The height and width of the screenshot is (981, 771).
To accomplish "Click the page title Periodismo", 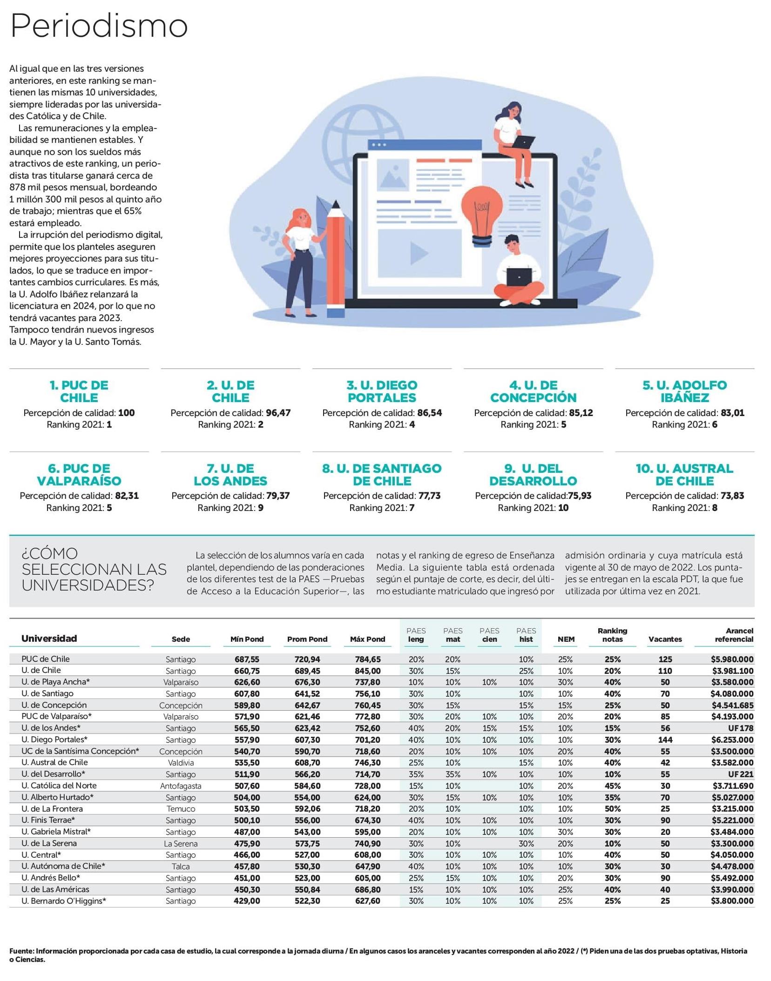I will [x=99, y=26].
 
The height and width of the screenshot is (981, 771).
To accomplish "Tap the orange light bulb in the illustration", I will [x=482, y=212].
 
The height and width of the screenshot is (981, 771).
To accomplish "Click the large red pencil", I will [x=336, y=261].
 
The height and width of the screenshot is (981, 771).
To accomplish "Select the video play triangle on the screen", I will [x=419, y=253].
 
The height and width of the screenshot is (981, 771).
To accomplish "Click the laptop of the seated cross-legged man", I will [x=519, y=276].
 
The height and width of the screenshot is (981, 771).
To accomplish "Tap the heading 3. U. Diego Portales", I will [x=382, y=391].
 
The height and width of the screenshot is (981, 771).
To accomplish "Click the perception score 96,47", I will [x=278, y=413].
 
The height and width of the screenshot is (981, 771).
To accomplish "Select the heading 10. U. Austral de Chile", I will [x=684, y=474].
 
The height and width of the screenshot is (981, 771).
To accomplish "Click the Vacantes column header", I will [x=665, y=639].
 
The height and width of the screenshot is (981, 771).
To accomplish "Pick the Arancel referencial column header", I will [x=734, y=635].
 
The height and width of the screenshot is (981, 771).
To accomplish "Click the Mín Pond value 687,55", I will [x=247, y=659].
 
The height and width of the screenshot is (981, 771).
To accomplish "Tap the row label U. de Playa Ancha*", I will [x=55, y=682].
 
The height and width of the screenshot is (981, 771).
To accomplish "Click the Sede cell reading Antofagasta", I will [x=181, y=786].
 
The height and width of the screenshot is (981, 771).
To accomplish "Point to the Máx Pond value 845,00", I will [x=367, y=671].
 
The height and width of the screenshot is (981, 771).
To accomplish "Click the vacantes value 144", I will [x=665, y=739].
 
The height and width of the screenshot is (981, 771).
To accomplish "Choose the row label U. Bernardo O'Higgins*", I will [x=64, y=900].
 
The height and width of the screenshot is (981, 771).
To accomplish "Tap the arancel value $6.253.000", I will [x=732, y=739].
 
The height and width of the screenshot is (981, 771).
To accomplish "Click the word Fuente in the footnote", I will [x=21, y=951].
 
